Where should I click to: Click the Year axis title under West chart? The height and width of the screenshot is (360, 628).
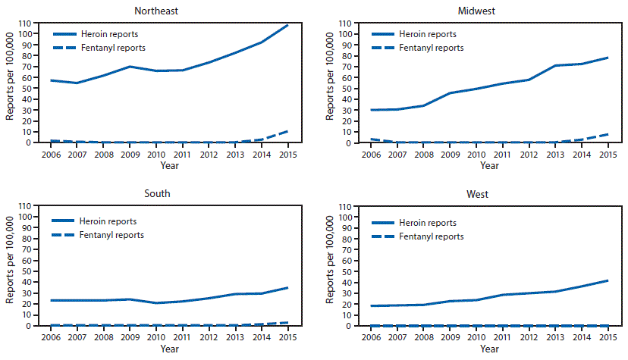coord(489,349)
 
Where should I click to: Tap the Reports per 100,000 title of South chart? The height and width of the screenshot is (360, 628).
coord(10,265)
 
